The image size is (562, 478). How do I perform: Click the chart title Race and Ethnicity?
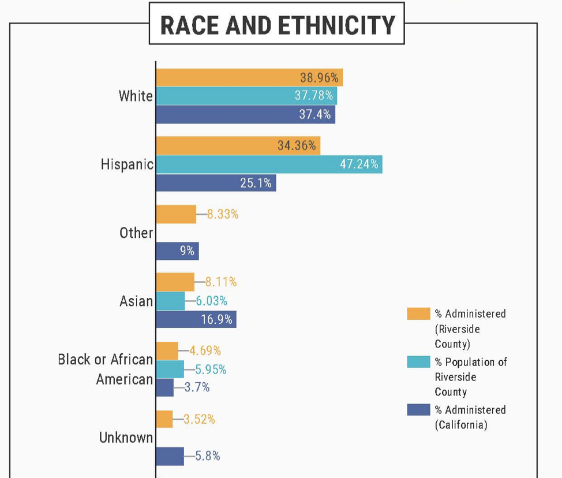coord(277,25)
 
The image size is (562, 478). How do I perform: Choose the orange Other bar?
coord(176,214)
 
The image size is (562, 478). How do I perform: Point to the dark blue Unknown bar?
coord(170,456)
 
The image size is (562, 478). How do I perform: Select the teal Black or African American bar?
coord(170,369)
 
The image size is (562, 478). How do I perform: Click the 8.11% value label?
coord(221,282)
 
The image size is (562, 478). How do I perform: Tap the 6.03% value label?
coord(211,301)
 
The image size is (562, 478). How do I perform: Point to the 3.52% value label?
coord(200,420)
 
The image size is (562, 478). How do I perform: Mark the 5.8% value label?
coord(207,456)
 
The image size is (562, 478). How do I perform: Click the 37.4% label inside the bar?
coord(314,114)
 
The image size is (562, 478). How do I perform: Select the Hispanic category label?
coord(127,165)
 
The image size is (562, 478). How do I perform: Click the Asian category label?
coord(136,301)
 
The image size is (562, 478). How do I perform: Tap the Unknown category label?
coord(126,438)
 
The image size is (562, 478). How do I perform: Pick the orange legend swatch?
coord(418,313)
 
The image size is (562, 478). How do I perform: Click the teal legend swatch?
coord(418,362)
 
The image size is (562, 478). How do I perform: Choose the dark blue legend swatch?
coord(418,410)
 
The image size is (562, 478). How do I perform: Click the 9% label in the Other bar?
coord(186,251)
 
